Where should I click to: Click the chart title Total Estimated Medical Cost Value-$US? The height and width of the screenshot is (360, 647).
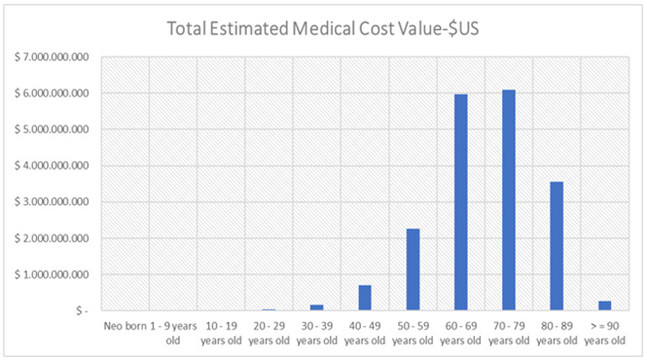[x=323, y=28]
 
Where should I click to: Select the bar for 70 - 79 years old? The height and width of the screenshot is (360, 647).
[x=509, y=200]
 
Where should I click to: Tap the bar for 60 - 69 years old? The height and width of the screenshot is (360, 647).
[x=461, y=202]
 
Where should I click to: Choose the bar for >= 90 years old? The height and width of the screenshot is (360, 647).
[x=604, y=306]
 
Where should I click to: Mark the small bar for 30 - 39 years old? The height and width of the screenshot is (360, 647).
[x=317, y=307]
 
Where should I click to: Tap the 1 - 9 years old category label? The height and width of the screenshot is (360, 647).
[x=173, y=334]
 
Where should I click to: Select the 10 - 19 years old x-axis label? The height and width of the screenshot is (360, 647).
[x=221, y=334]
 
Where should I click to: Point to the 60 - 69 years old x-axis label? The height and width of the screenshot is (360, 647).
[x=461, y=334]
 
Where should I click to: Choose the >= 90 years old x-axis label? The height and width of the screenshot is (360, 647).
[x=604, y=334]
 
